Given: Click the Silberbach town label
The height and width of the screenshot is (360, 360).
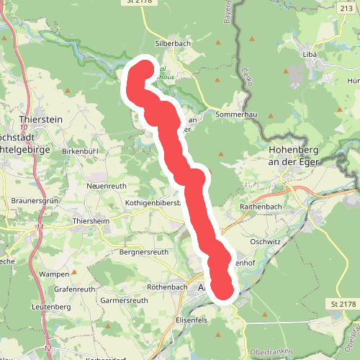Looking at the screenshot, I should (172, 43).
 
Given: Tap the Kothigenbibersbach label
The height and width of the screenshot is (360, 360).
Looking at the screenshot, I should (151, 203).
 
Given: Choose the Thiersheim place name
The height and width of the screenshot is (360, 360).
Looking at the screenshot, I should (91, 221).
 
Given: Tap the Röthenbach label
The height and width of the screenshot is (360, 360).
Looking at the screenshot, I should (166, 286).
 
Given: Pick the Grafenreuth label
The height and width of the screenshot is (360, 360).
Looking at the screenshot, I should (74, 289).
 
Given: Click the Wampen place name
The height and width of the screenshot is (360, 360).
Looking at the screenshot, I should (55, 274).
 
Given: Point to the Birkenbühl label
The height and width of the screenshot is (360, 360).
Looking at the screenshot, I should (80, 151).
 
